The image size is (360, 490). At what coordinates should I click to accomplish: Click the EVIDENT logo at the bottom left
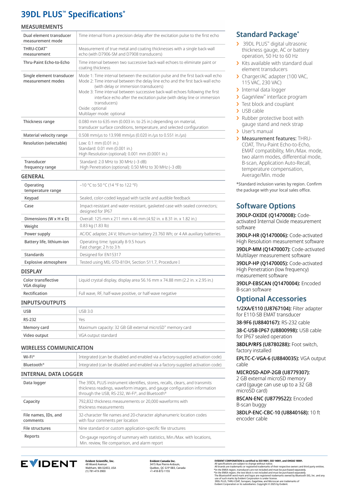click(49, 464)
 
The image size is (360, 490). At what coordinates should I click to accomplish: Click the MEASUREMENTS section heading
click(42, 27)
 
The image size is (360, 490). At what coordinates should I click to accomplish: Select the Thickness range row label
click(39, 122)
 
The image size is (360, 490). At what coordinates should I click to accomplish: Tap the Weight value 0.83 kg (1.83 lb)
click(94, 226)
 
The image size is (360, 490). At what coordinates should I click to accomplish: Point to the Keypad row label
click(31, 198)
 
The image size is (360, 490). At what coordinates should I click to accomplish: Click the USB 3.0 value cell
click(86, 311)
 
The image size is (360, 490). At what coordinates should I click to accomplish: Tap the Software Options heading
click(266, 206)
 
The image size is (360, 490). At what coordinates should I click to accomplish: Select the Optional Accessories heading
click(271, 299)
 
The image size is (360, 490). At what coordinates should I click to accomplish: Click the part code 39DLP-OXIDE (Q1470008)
click(266, 215)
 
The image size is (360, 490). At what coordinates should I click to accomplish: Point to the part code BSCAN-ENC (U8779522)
click(264, 399)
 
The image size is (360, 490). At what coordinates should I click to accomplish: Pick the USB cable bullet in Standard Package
click(253, 111)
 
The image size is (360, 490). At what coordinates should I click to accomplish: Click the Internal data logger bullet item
click(264, 90)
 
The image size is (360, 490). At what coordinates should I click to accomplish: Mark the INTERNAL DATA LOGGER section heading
click(52, 374)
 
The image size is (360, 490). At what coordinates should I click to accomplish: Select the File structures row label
click(37, 428)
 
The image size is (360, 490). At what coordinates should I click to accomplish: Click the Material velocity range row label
click(45, 135)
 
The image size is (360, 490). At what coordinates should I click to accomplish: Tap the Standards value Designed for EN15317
click(100, 255)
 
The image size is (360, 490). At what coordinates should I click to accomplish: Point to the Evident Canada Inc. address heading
click(163, 461)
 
